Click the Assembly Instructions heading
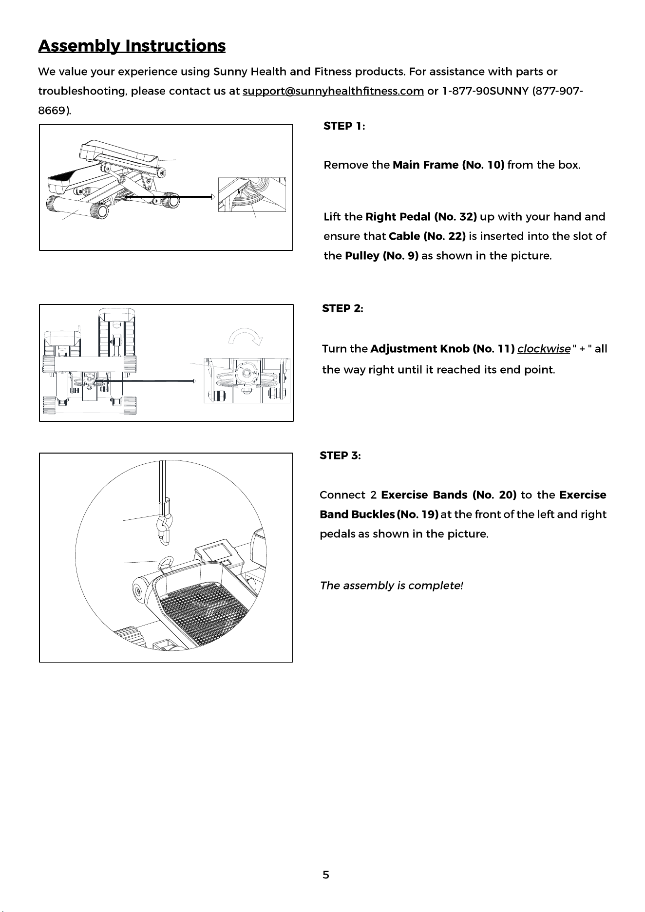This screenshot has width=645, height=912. [x=132, y=46]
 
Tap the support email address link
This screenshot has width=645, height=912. [x=333, y=92]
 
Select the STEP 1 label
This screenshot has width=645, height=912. [x=344, y=126]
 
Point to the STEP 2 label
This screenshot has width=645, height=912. [x=342, y=309]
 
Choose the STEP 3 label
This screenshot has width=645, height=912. [x=340, y=456]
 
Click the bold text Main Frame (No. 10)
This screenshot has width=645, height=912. [x=448, y=165]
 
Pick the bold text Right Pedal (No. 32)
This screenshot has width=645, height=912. [x=421, y=217]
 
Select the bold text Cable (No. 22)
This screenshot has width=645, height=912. [x=427, y=237]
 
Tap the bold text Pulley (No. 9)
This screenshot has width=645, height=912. [x=382, y=256]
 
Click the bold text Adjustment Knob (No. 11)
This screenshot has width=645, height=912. [x=443, y=349]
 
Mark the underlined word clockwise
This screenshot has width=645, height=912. [x=544, y=349]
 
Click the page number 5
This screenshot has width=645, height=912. [x=326, y=875]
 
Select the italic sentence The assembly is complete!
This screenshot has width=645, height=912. [x=391, y=586]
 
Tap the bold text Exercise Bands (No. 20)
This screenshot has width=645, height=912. [x=449, y=495]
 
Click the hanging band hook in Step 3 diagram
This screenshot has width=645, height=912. [x=164, y=524]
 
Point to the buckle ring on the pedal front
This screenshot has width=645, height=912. [x=166, y=563]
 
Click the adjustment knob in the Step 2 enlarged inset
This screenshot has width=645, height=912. [x=245, y=374]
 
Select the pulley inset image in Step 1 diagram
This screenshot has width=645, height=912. [x=252, y=194]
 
